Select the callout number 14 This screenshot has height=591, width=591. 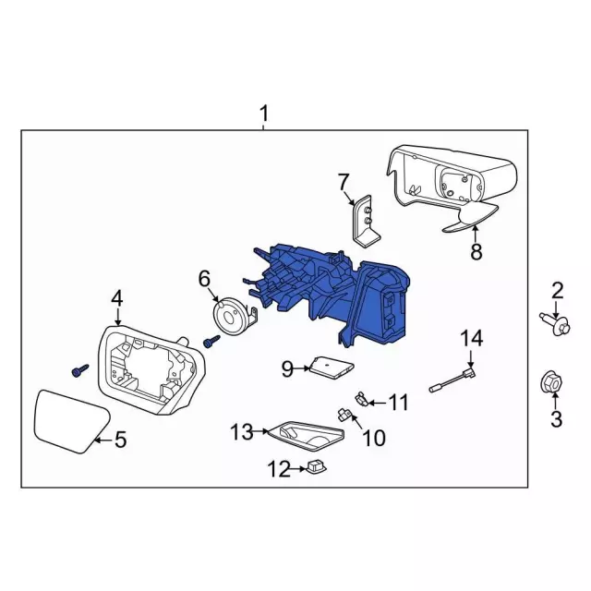(x=471, y=339)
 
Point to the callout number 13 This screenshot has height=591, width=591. (x=242, y=430)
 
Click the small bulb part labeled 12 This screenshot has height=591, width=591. (x=316, y=469)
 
